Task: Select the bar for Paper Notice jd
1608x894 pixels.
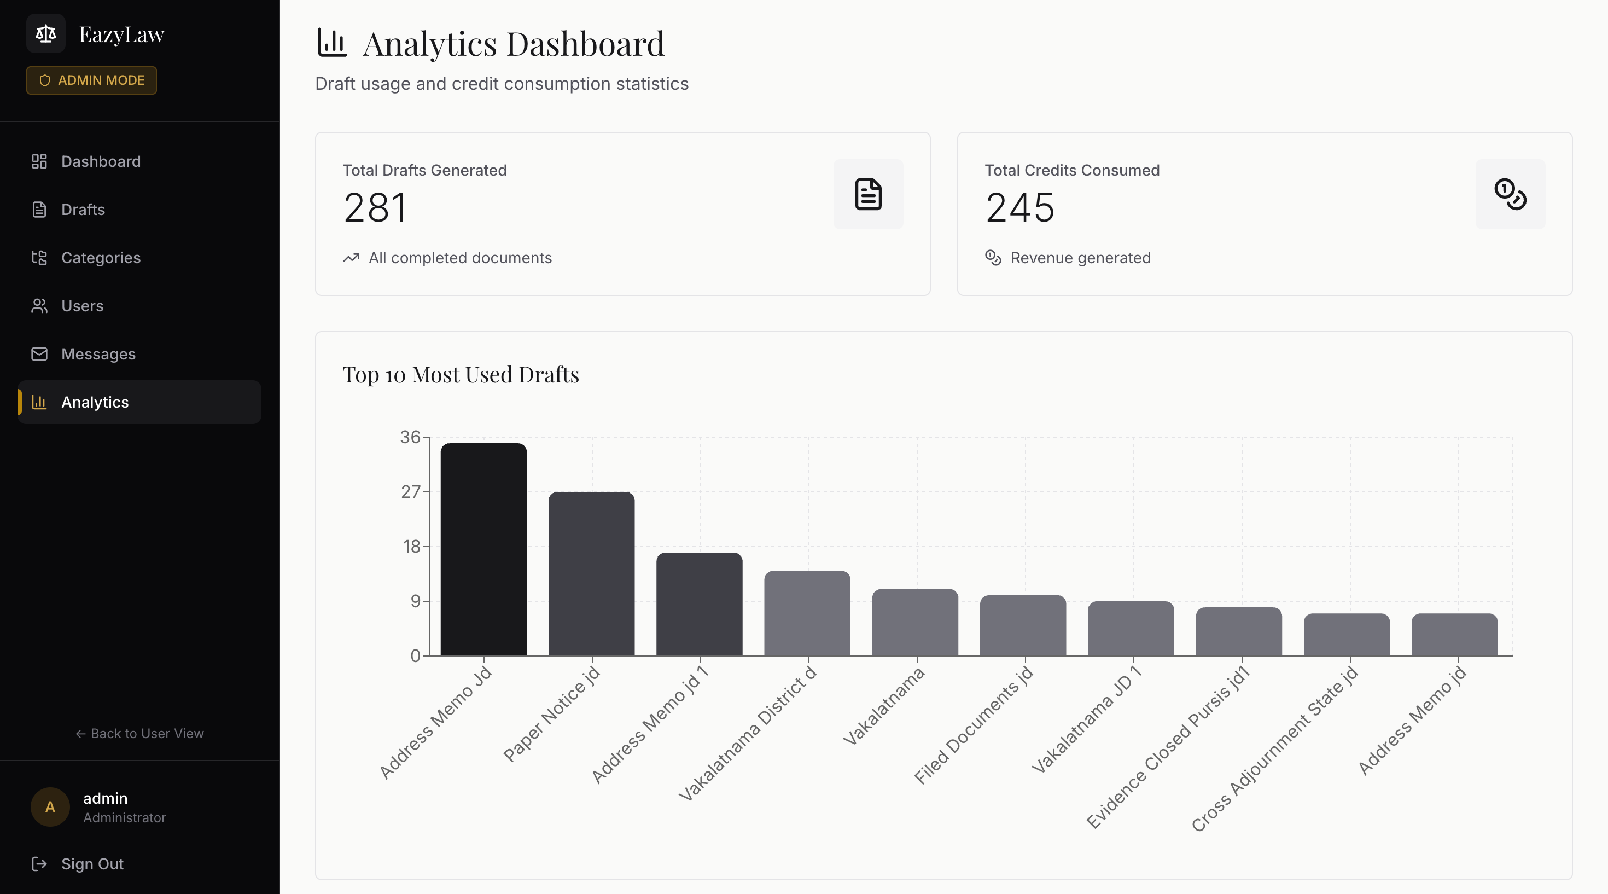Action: tap(591, 574)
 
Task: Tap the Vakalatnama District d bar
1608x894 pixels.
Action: tap(807, 613)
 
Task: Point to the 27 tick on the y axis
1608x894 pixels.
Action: tap(411, 492)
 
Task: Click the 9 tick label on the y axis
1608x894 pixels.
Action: tap(415, 601)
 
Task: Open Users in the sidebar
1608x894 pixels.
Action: tap(82, 306)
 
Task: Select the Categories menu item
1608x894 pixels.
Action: tap(101, 258)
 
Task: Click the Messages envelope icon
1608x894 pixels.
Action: tap(39, 354)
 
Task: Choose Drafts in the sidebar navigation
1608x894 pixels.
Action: tap(83, 210)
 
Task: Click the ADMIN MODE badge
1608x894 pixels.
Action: tap(92, 80)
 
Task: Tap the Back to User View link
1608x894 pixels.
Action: tap(140, 734)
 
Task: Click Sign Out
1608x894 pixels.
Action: tap(92, 864)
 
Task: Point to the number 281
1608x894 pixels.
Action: tap(375, 208)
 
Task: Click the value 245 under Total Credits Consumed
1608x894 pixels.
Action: tap(1020, 208)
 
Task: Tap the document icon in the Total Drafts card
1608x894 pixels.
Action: tap(867, 194)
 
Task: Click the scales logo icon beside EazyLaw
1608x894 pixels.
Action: tap(45, 34)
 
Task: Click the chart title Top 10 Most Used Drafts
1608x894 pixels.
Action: tap(461, 375)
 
